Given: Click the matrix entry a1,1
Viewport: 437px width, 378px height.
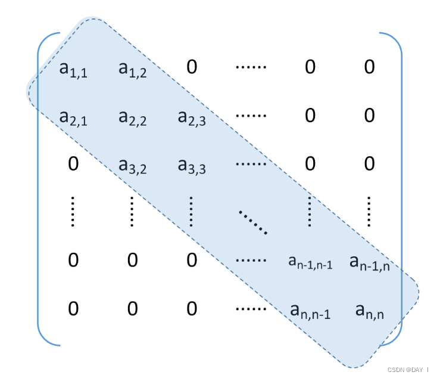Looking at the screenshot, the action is tap(73, 70).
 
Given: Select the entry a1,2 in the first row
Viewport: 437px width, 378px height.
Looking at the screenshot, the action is tap(132, 70).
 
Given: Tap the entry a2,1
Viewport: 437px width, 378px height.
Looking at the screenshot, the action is tap(73, 117).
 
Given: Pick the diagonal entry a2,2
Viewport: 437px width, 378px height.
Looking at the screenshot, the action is tap(132, 117).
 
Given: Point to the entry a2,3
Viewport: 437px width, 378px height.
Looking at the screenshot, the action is tap(191, 117).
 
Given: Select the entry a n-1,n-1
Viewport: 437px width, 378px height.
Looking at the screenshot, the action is tap(310, 261).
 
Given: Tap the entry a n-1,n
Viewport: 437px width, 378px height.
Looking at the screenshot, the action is tap(369, 261).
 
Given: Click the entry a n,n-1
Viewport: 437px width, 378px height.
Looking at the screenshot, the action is tap(310, 310).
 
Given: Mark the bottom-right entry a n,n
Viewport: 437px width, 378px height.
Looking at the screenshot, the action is tap(369, 310).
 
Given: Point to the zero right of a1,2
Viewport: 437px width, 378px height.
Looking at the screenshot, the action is tap(191, 66).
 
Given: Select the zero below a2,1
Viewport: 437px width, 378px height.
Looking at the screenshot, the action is tap(73, 163).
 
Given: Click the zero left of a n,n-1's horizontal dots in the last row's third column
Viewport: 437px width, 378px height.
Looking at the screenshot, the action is tap(191, 308).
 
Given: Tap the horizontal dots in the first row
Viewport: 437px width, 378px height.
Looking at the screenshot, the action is tap(251, 66).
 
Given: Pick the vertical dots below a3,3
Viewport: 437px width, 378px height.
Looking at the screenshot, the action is tap(191, 212).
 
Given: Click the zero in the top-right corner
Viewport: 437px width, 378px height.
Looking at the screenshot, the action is tap(369, 66).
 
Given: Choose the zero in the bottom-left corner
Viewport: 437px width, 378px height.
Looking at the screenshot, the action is tap(73, 308).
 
